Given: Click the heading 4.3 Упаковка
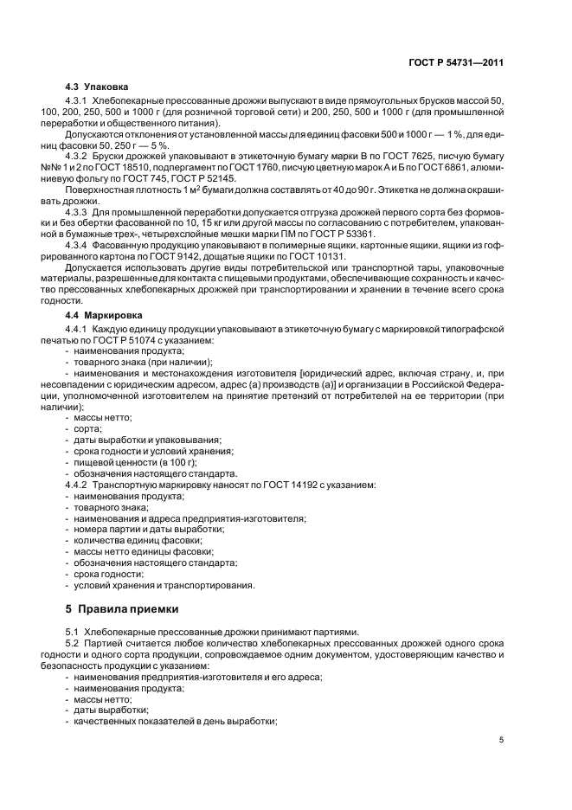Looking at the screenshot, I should click(x=97, y=87).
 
